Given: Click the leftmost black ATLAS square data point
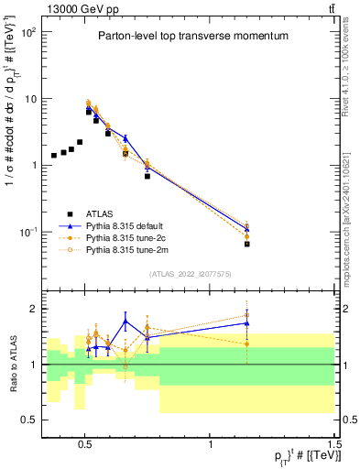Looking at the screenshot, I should tap(54, 156).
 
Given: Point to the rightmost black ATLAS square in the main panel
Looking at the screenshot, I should tap(246, 244).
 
